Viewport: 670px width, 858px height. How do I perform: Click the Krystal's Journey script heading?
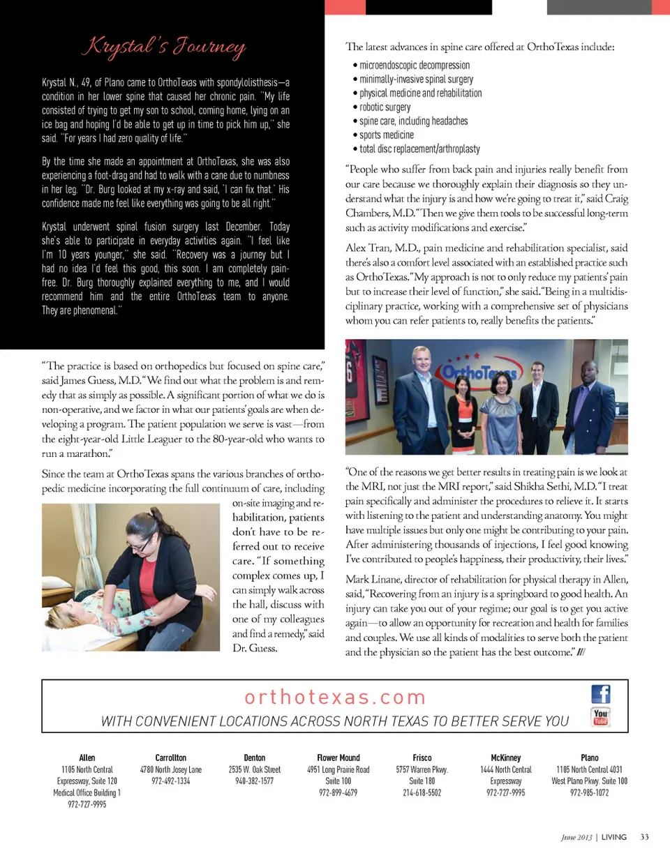(165, 49)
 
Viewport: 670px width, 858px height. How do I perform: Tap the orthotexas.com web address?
(335, 697)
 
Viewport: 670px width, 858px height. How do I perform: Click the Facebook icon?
(601, 694)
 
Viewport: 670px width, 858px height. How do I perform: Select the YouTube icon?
(601, 717)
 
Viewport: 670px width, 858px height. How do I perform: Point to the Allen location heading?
(87, 758)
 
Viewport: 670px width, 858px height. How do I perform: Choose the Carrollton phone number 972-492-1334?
(170, 781)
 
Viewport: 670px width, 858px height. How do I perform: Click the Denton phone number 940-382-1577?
(254, 781)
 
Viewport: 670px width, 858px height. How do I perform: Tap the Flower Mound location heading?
(338, 758)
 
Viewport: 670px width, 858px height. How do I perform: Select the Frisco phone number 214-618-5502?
(422, 793)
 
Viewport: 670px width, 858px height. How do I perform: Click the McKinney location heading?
(506, 758)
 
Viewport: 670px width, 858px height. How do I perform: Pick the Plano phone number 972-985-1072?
(589, 793)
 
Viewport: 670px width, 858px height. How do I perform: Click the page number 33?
(644, 836)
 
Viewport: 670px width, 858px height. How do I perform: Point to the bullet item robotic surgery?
(385, 107)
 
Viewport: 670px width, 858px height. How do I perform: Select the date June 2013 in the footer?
(576, 836)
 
